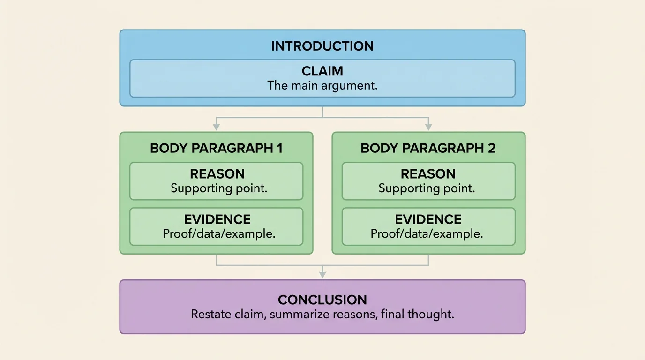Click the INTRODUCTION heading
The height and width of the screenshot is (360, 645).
[x=322, y=46]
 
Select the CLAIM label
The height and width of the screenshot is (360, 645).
[x=322, y=71]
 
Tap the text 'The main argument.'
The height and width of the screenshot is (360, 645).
[x=322, y=86]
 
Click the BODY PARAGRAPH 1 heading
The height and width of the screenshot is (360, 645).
[x=216, y=148]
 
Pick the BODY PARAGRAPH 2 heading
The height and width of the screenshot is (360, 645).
[x=428, y=148]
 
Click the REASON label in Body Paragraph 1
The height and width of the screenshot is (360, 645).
[x=217, y=174]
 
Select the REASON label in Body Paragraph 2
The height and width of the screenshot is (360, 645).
[x=428, y=174]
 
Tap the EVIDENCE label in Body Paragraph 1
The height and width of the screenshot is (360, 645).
[x=217, y=219]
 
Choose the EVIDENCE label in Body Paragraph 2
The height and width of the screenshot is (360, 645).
[x=428, y=219]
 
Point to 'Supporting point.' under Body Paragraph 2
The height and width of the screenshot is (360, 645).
[x=427, y=188]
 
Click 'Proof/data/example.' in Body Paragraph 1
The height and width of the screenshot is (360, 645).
[x=219, y=234]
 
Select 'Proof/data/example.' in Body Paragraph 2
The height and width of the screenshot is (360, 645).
[x=427, y=234]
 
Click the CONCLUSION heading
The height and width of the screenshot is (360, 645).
[x=322, y=300]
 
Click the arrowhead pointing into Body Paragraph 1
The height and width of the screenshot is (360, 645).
[x=216, y=127]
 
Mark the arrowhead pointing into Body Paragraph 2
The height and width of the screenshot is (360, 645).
[x=428, y=127]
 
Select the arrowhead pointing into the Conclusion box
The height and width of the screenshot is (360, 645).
[x=322, y=275]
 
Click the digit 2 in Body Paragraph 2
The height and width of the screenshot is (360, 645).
[x=491, y=148]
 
